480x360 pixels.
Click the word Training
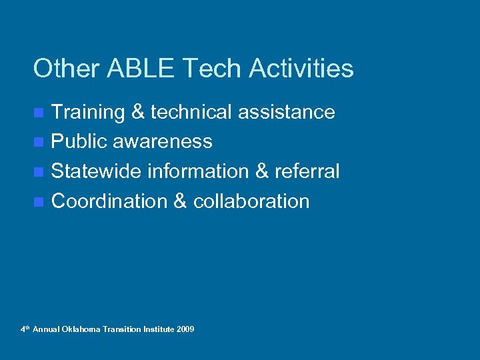[88, 112]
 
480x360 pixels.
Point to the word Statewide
[96, 171]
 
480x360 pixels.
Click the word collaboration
[251, 201]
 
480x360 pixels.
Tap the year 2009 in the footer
[186, 329]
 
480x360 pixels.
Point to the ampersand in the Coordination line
[179, 201]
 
